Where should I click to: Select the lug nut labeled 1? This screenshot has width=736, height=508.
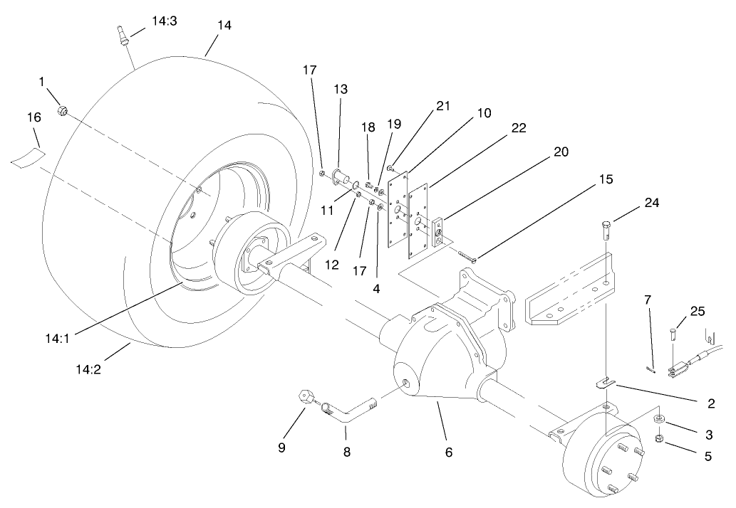click(x=63, y=111)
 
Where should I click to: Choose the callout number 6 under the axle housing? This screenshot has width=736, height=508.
click(x=449, y=452)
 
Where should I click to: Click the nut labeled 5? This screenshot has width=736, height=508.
click(x=660, y=438)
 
